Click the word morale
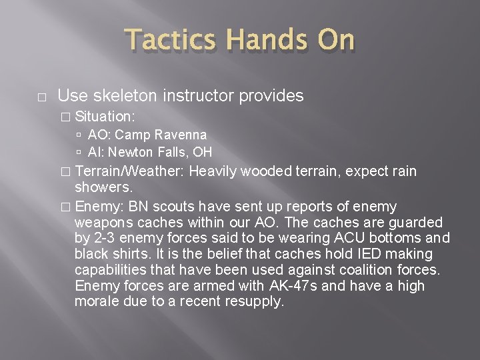click(97, 301)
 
